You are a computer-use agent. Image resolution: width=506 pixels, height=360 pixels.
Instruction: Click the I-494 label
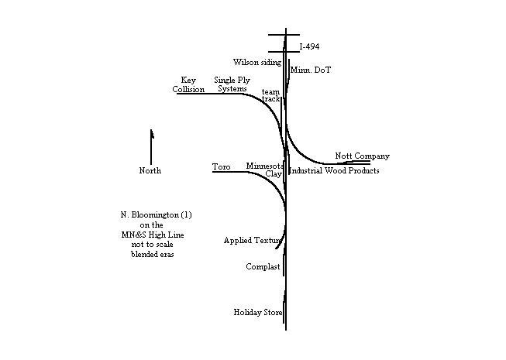pos(309,46)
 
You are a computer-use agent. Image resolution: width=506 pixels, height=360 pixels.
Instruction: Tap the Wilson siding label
pos(257,62)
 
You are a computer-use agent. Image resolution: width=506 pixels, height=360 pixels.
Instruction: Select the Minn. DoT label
pos(311,70)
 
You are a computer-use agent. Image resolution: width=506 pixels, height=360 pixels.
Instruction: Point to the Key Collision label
pos(188,84)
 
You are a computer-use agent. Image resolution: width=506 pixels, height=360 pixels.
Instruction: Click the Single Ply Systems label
pos(232,84)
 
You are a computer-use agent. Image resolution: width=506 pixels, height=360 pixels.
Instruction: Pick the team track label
pos(270,95)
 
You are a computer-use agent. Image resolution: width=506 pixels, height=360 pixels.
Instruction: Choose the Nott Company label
pos(362,156)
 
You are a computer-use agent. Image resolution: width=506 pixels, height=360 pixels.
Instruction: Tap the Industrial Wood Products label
pos(334,170)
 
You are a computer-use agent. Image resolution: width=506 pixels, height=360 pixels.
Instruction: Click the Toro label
pos(222,166)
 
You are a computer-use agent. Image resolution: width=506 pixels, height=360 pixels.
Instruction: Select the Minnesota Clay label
pos(265,170)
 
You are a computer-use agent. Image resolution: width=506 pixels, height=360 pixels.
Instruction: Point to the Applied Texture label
pos(253,241)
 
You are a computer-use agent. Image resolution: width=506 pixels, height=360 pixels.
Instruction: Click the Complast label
pos(263,267)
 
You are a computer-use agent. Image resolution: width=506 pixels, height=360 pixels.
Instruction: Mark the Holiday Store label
pos(258,312)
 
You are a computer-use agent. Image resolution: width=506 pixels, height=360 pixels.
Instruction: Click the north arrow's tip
pos(151,129)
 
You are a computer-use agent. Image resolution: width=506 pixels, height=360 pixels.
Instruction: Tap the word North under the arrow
pos(150,170)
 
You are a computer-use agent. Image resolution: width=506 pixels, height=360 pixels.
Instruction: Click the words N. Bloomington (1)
pos(157,215)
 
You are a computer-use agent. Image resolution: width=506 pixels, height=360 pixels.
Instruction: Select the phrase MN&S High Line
pos(153,235)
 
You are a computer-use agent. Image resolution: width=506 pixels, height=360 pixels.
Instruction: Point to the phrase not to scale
pos(153,245)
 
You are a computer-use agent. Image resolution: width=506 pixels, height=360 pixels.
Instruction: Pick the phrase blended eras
pos(153,254)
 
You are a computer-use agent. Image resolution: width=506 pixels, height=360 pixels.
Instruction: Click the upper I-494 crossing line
pos(284,35)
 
